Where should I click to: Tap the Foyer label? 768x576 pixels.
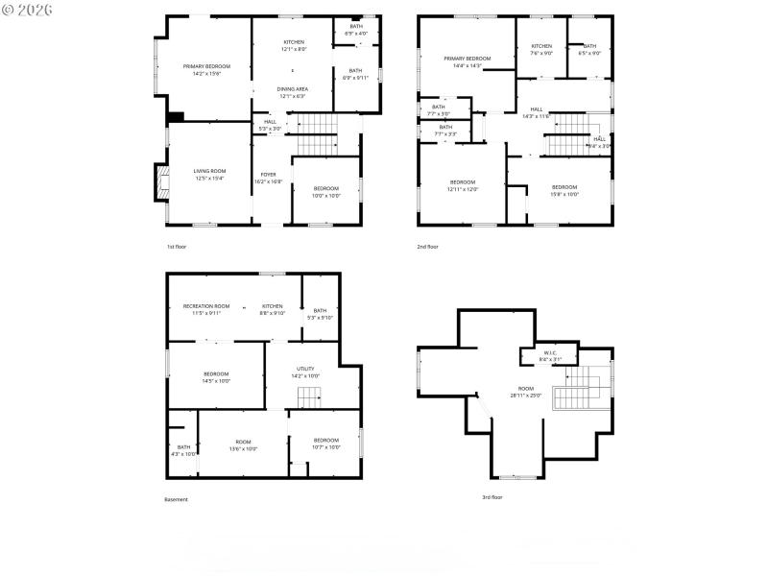(x=267, y=175)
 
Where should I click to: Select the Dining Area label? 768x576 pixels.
(x=293, y=88)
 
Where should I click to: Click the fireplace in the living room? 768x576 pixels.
(x=160, y=183)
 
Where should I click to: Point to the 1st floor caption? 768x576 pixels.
(x=176, y=247)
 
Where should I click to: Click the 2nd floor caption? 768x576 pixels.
(x=427, y=247)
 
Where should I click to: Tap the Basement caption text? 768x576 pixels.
(x=176, y=499)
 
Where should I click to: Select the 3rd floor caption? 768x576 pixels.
(x=492, y=497)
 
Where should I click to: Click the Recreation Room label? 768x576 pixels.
(x=206, y=306)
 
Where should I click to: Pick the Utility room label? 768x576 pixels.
(x=306, y=369)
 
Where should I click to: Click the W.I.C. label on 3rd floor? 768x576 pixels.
(x=550, y=352)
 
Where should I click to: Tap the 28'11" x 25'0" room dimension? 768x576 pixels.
(x=526, y=396)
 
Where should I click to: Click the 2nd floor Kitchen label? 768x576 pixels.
(x=542, y=46)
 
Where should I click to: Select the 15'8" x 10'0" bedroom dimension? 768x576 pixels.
(x=564, y=194)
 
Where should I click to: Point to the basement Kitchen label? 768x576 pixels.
(x=273, y=306)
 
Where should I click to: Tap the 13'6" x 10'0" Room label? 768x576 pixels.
(x=243, y=447)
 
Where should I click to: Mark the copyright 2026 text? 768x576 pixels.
(x=28, y=9)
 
